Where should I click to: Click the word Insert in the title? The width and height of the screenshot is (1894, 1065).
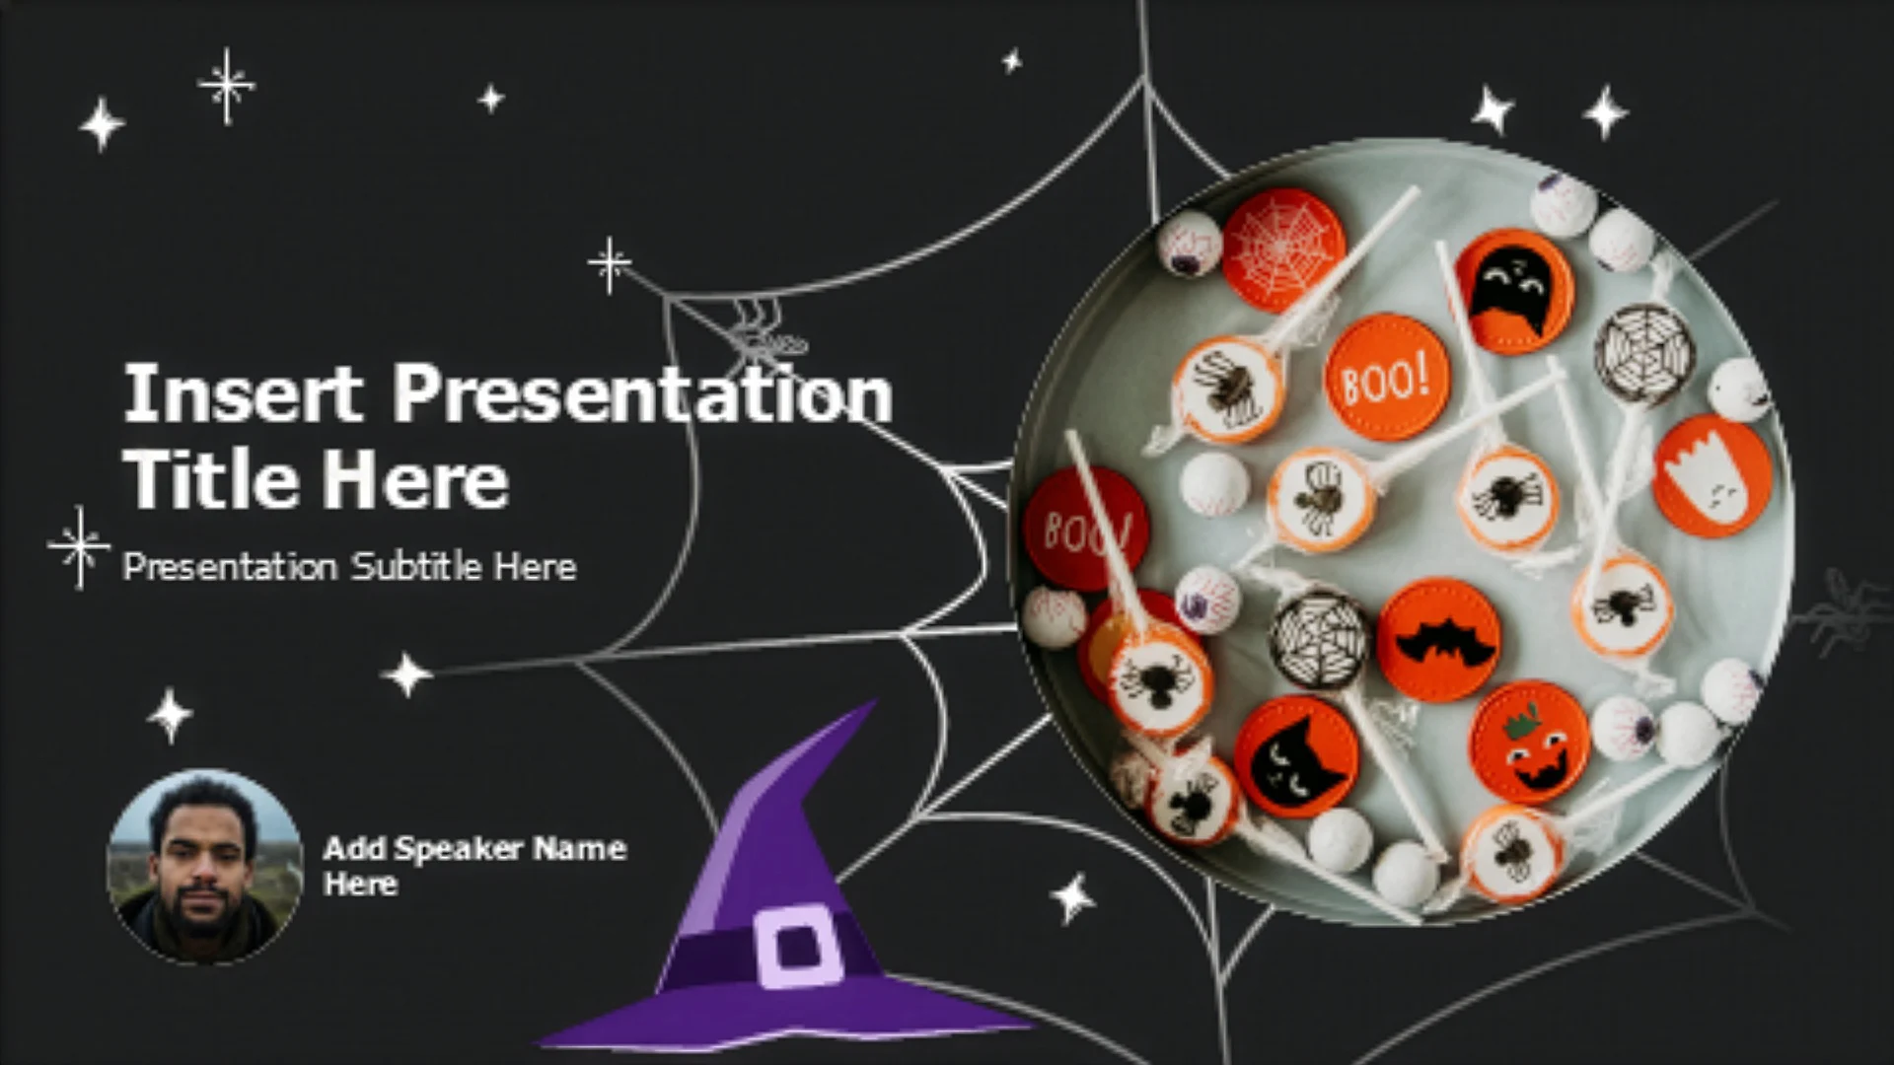(243, 393)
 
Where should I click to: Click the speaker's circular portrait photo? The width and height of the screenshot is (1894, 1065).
(204, 867)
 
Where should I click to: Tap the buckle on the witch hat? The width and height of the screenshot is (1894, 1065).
(799, 947)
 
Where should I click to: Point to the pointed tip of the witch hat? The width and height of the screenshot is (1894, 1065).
(873, 703)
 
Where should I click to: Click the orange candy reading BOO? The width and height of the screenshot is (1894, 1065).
(1387, 378)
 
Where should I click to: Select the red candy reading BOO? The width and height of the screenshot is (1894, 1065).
(1085, 529)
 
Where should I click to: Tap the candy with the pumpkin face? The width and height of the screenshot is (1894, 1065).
(1529, 743)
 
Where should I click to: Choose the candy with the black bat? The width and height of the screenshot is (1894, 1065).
(1439, 640)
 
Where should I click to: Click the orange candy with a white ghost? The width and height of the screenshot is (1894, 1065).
(1712, 476)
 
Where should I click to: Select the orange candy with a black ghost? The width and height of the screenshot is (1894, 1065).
(1514, 292)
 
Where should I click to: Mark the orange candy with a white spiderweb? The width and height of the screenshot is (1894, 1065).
(1283, 250)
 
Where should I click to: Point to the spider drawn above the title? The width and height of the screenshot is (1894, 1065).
(765, 332)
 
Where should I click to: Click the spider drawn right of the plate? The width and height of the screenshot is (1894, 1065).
(1842, 612)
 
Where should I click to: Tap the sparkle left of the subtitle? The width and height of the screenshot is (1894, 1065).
(79, 547)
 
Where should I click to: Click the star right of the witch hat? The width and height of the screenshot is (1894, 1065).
(1072, 897)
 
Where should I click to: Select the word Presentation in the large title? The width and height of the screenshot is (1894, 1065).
(643, 393)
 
